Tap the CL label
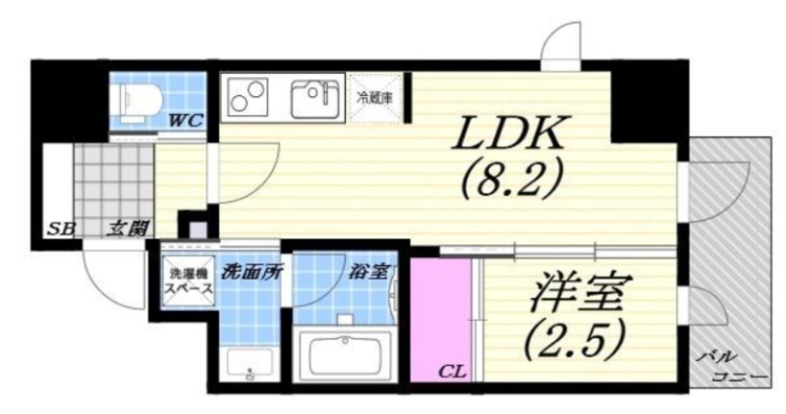451,370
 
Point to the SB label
62,230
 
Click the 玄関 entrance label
128,230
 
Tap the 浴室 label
367,271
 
